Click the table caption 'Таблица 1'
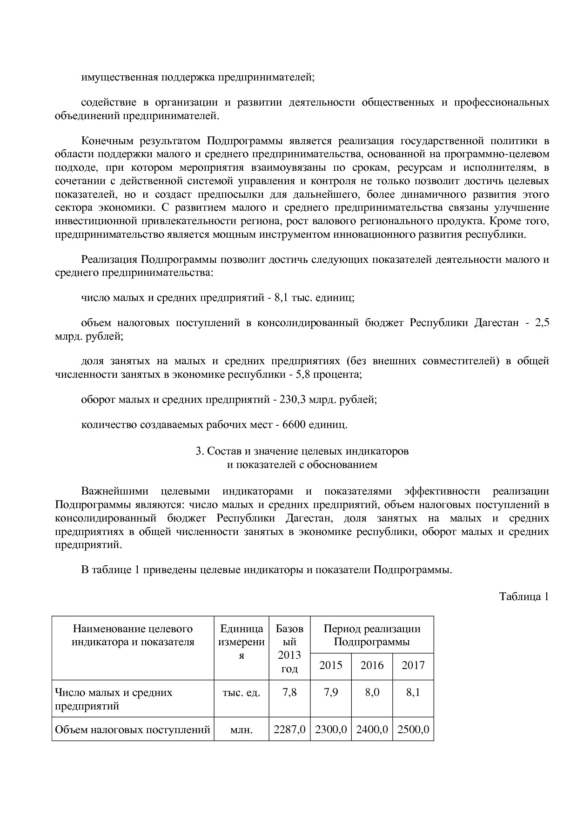524,596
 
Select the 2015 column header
330,665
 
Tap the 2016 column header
372,665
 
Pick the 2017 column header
413,665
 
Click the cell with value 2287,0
289,729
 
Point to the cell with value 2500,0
413,729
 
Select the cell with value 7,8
289,692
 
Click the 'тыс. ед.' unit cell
242,692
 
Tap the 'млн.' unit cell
242,730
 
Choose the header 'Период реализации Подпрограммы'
372,635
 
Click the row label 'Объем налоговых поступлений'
133,729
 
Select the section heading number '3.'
200,451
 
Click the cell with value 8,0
372,692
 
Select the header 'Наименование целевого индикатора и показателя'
133,635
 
